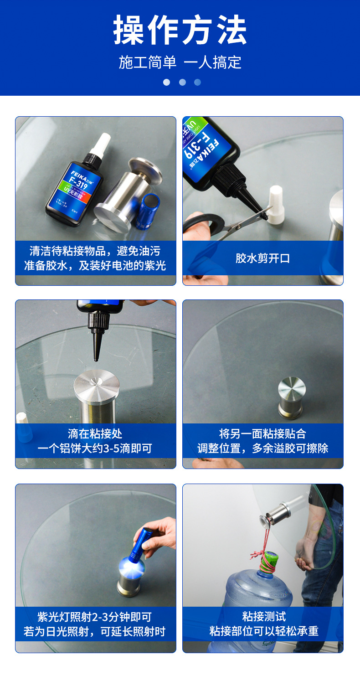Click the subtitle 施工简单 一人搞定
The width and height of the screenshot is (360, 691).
[x=180, y=62]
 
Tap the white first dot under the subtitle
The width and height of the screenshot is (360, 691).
[x=166, y=83]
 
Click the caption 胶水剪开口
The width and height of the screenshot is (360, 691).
[x=263, y=258]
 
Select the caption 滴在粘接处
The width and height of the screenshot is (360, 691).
[x=95, y=434]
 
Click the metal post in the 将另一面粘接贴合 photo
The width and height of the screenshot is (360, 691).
[x=292, y=397]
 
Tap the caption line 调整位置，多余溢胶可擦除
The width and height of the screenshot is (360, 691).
[x=263, y=449]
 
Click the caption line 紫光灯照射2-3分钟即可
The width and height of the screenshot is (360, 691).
[x=95, y=617]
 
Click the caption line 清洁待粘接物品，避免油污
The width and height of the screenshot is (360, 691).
[x=95, y=251]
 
